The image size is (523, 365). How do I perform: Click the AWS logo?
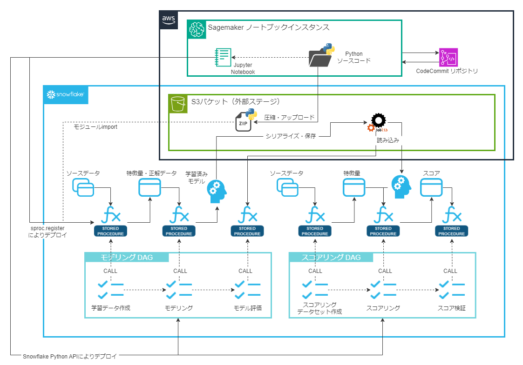(x=169, y=20)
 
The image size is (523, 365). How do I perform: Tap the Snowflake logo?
(x=66, y=94)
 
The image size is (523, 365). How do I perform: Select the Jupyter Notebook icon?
(x=223, y=57)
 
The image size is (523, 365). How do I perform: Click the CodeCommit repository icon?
(x=448, y=57)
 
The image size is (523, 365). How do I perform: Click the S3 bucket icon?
(x=178, y=104)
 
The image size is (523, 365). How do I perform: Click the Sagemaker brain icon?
(x=197, y=29)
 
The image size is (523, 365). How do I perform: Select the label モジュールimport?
(x=95, y=127)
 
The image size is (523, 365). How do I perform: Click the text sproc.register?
(x=48, y=228)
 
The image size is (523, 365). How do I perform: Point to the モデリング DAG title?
(x=127, y=257)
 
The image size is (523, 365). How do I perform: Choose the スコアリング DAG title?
(x=331, y=257)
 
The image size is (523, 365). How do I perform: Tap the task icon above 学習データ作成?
(x=110, y=290)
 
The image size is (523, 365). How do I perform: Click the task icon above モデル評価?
(x=247, y=290)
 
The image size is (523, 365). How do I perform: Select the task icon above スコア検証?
(x=452, y=290)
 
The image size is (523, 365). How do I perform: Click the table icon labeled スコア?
(x=431, y=187)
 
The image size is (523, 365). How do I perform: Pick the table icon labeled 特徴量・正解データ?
(x=150, y=187)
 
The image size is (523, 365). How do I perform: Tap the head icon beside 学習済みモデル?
(x=217, y=192)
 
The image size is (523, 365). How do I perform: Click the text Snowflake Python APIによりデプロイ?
(x=70, y=356)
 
